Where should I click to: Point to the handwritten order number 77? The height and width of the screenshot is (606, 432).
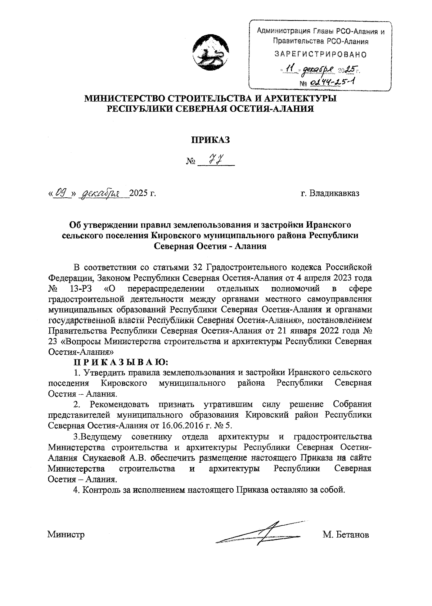[215, 158]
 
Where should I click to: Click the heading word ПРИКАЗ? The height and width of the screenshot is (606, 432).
[210, 141]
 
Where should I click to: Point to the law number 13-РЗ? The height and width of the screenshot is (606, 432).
[80, 289]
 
